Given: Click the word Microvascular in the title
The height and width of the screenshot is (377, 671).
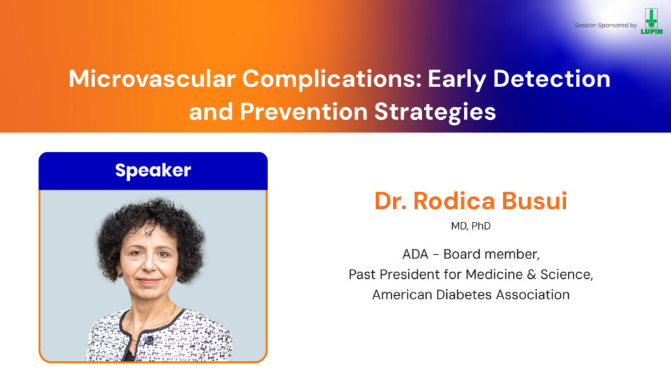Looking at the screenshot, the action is coord(152,79).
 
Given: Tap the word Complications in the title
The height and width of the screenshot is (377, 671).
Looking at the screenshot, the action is coord(332,80).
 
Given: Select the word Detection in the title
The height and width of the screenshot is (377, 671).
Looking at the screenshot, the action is coord(552,79).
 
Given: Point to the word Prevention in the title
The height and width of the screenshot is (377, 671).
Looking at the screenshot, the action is coord(304,111).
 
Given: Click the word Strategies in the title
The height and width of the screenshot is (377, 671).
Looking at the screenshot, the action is coord(435,113).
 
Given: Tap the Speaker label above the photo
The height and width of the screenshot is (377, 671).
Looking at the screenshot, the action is coord(153,171).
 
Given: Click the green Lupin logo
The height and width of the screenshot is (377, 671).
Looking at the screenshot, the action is coord(651,21).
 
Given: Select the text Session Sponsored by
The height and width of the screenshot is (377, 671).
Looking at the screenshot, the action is coord(605,26).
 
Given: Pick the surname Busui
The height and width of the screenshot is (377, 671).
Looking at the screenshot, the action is coord(535,201).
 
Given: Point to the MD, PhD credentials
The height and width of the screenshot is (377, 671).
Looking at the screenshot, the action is coord(470,226).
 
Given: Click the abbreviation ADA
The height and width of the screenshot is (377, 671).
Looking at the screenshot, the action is coord(415,254).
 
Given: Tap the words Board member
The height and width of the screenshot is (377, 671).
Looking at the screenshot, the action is coord(491,254).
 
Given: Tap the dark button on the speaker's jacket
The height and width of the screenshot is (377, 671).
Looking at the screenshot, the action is coord(149,340).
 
